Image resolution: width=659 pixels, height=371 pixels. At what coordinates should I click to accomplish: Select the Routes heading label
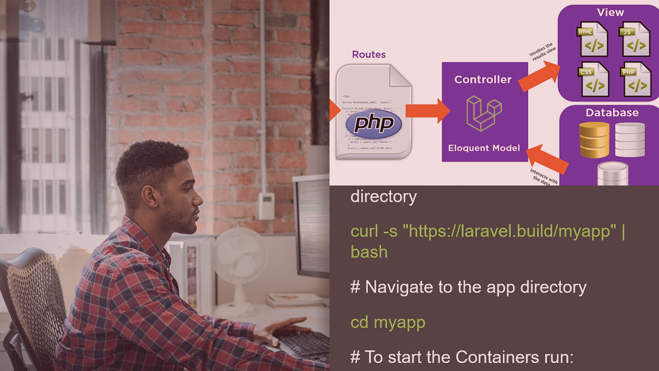tap(369, 55)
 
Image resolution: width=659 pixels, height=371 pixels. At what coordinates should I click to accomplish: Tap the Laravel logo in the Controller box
tap(483, 113)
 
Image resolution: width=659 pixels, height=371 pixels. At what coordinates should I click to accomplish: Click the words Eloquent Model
tap(484, 148)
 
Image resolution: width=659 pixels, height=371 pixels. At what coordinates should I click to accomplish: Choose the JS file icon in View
tap(635, 39)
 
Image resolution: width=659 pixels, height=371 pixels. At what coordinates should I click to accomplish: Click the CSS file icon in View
tap(593, 79)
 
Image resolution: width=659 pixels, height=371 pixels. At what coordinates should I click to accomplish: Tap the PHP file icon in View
tap(635, 79)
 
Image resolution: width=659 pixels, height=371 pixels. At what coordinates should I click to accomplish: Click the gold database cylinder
tap(594, 139)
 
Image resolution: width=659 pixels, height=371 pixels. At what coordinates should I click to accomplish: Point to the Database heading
tap(612, 113)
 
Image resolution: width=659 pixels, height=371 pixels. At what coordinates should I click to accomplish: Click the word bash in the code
tap(369, 252)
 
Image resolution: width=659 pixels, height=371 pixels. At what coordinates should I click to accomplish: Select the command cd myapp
tap(388, 323)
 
